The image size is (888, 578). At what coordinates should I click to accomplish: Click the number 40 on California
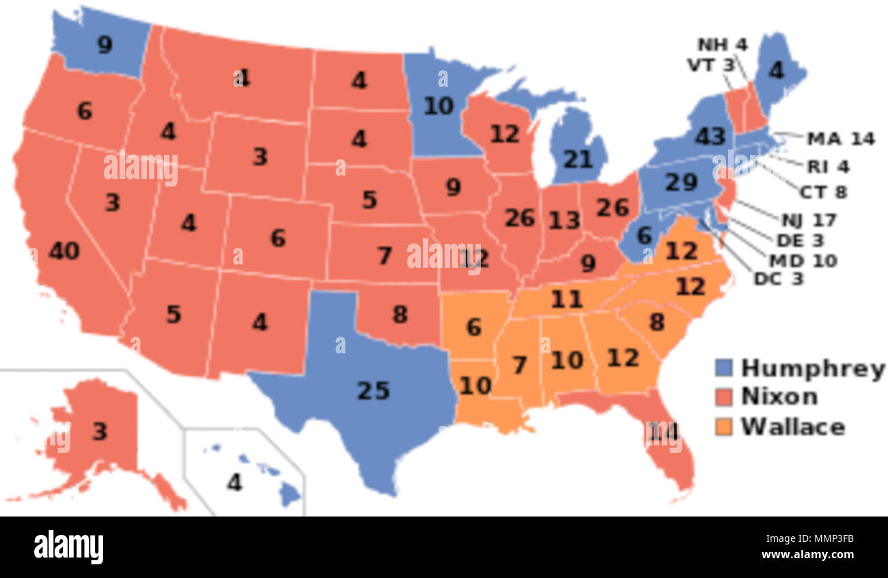click(64, 251)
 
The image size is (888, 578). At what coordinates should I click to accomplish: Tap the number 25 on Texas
click(374, 390)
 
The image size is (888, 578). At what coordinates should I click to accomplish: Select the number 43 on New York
click(710, 137)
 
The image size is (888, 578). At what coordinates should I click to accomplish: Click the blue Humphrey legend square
click(724, 368)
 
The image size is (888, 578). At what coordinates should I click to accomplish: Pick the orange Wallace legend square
click(724, 427)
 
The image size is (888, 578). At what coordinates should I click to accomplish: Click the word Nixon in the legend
click(779, 397)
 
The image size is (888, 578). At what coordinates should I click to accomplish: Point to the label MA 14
click(840, 139)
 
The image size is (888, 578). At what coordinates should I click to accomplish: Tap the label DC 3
click(779, 279)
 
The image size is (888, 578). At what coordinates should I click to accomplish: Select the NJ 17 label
click(809, 220)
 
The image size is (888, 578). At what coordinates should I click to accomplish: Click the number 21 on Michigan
click(577, 159)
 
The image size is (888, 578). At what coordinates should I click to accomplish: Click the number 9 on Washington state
click(104, 45)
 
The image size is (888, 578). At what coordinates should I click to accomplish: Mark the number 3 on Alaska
click(100, 432)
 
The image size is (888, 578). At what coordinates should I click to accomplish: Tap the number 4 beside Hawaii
click(234, 482)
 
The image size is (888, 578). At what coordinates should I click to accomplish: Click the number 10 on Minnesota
click(438, 106)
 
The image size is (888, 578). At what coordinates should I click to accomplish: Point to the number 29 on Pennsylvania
click(681, 182)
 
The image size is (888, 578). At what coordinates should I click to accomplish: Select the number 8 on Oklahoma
click(400, 314)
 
